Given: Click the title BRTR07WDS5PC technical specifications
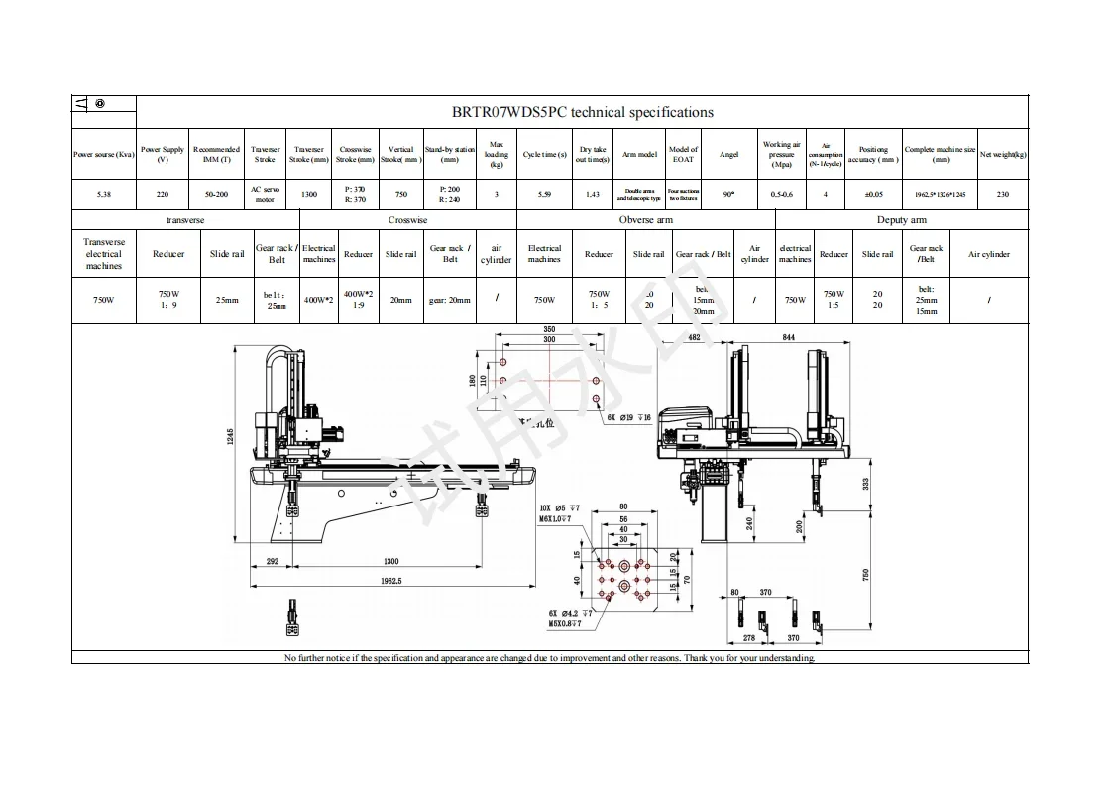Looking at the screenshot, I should click(582, 112).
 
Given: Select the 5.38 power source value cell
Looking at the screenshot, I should click(103, 194).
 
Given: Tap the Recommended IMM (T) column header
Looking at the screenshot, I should click(216, 154).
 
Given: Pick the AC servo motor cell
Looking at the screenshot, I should click(265, 194).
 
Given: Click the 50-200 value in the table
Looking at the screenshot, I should click(216, 194).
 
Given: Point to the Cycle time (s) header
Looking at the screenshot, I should click(544, 154).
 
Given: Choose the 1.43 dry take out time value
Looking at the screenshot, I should click(592, 194).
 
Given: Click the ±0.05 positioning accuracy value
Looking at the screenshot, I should click(873, 194).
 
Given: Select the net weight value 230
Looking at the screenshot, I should click(1002, 194).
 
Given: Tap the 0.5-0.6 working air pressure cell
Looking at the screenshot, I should click(781, 194).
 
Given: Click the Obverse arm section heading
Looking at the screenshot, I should click(645, 220).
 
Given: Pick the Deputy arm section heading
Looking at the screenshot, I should click(901, 220).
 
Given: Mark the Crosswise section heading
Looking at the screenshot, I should click(407, 220).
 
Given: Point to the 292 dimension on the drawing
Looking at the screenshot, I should click(273, 561).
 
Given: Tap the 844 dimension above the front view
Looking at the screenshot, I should click(788, 338).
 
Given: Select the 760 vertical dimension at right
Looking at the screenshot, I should click(866, 574).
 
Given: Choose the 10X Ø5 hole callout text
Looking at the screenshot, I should click(560, 506).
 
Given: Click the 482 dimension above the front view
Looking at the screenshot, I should click(694, 338).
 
